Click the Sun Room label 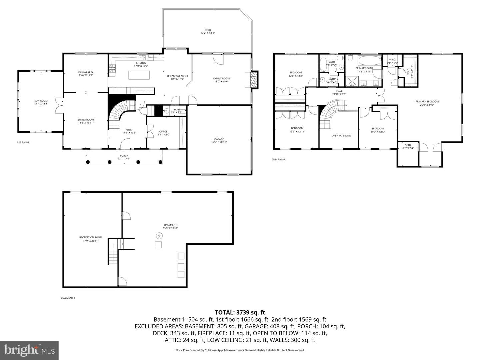(41, 101)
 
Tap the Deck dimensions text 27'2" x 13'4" (207, 33)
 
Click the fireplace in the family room (254, 80)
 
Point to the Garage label (219, 139)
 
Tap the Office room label (163, 131)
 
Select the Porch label (124, 156)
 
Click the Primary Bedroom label (427, 102)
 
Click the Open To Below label (341, 136)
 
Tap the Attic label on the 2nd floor (408, 145)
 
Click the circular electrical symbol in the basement (159, 236)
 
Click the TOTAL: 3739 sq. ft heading (240, 312)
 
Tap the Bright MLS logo (29, 350)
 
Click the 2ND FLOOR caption (278, 159)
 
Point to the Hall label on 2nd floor (339, 91)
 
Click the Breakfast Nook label (177, 76)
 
